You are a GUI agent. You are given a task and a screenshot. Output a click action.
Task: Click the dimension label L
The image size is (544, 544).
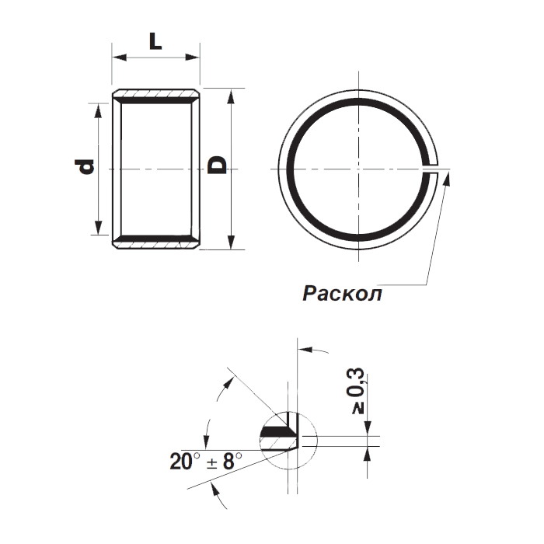[x=155, y=42]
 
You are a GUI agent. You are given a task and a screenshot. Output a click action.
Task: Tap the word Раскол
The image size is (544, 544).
[x=342, y=294]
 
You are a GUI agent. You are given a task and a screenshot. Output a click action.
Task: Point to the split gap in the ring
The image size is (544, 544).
[x=435, y=168]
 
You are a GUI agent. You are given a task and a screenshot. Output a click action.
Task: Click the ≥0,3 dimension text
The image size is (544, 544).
[x=359, y=392]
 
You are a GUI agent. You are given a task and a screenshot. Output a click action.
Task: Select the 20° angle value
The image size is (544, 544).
[x=186, y=462]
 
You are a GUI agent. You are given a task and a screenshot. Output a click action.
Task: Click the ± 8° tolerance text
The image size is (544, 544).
[x=223, y=462]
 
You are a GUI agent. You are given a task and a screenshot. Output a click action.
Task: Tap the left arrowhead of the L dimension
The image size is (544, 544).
[x=117, y=57]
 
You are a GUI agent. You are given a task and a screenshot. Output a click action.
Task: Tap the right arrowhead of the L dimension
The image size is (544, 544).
[x=195, y=57]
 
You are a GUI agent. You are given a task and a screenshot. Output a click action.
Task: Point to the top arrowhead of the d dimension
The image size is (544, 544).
[x=97, y=107]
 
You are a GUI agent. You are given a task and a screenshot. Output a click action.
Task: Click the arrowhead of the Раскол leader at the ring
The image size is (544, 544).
[x=448, y=176]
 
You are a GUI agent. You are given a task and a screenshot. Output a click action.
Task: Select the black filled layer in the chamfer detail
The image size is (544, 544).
[x=277, y=429]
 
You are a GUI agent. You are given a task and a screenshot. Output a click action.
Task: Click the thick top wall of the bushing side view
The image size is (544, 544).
[x=156, y=97]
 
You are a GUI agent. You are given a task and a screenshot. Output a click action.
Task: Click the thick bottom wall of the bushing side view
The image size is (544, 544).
[x=156, y=240]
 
